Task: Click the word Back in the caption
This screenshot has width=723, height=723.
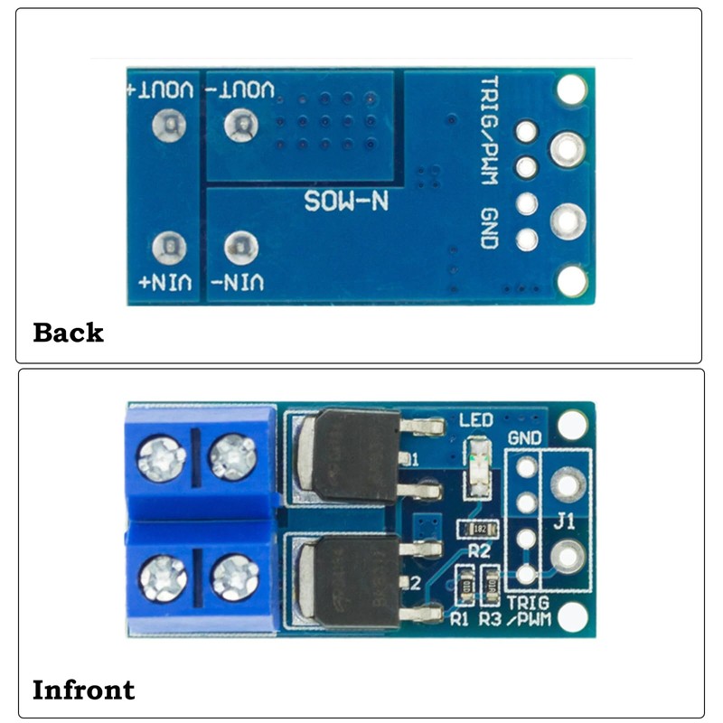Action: [x=68, y=333]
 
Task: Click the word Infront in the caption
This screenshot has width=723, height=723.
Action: [x=83, y=691]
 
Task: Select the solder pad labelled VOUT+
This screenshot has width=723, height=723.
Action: [x=169, y=124]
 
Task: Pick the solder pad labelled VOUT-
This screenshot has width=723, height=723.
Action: [x=239, y=123]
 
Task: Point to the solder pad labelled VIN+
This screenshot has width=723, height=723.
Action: [x=169, y=247]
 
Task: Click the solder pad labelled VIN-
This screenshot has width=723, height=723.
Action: [x=239, y=246]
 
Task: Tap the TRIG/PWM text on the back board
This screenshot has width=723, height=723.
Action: [x=489, y=131]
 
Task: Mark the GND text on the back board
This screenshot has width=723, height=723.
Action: [x=489, y=229]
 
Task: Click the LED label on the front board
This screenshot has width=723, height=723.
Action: [x=477, y=420]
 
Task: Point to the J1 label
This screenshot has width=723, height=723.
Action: [x=564, y=522]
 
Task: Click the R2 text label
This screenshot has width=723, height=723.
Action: [x=479, y=549]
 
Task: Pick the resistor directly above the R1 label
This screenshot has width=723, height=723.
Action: [x=465, y=587]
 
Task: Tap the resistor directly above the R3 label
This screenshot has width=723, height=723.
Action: [x=491, y=587]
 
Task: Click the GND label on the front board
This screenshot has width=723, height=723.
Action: [x=525, y=438]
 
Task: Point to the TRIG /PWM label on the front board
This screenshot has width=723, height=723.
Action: [x=528, y=612]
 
